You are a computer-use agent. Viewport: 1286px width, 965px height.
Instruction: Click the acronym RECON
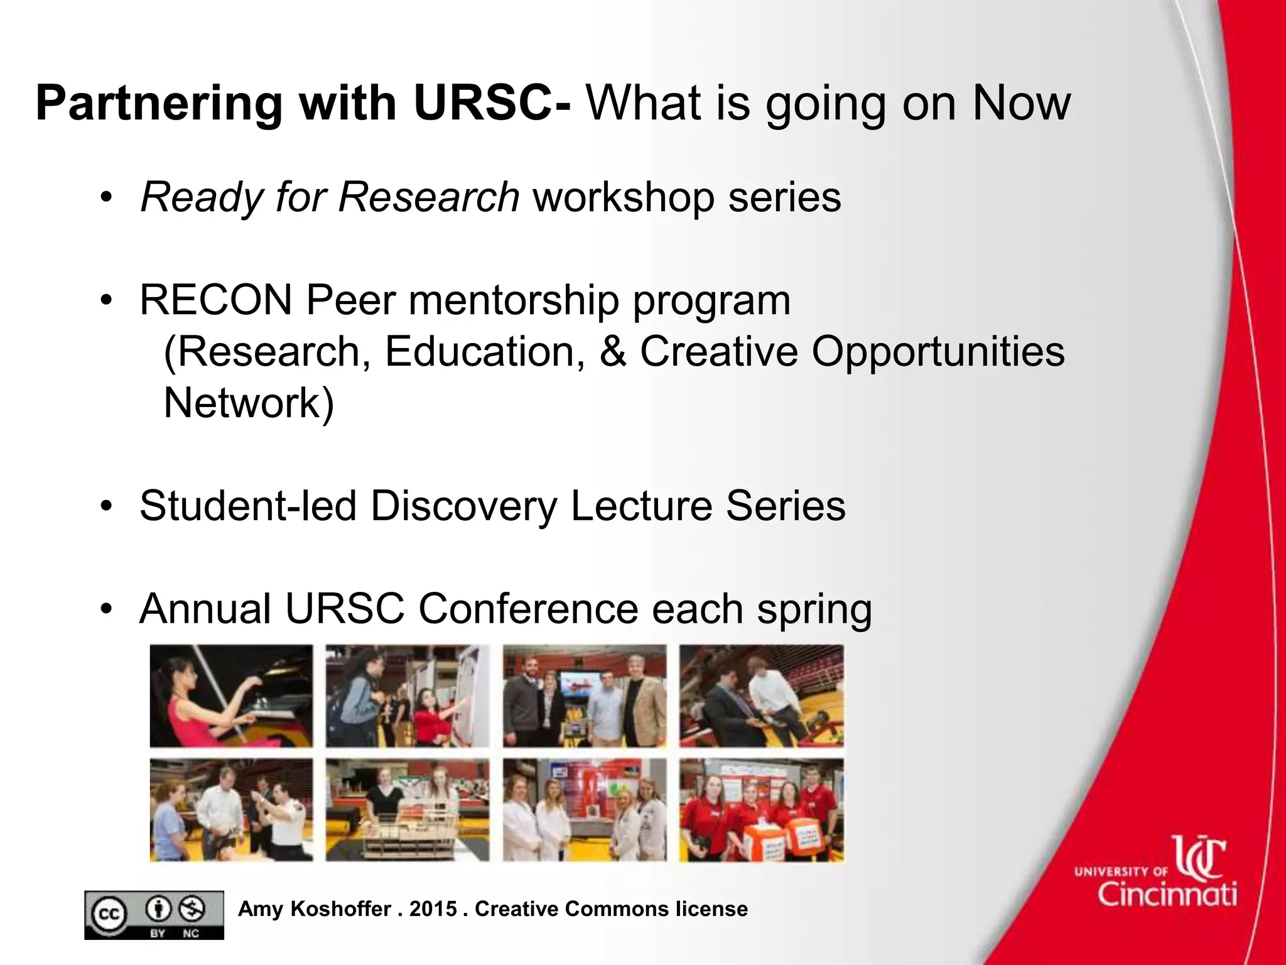point(215,300)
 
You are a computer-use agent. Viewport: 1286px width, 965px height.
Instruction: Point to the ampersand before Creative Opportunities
point(612,351)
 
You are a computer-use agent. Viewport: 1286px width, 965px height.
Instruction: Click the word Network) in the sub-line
point(249,403)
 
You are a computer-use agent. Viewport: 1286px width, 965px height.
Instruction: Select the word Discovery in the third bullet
point(463,506)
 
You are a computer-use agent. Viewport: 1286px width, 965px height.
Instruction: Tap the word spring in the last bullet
point(814,609)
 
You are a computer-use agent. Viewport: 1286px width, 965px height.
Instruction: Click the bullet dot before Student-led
point(107,506)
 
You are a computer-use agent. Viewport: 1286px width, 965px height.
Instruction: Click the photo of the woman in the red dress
point(231,696)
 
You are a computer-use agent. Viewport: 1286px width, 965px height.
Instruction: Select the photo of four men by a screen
point(584,696)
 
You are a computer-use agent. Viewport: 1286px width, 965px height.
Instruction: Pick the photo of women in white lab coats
point(584,810)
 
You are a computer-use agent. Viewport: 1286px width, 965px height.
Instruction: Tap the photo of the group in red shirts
point(761,810)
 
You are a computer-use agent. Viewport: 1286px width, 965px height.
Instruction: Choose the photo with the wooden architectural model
point(407,810)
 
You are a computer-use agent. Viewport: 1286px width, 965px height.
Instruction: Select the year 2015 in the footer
point(433,909)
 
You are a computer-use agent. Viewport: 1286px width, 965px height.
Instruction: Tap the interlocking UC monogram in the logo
point(1200,858)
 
